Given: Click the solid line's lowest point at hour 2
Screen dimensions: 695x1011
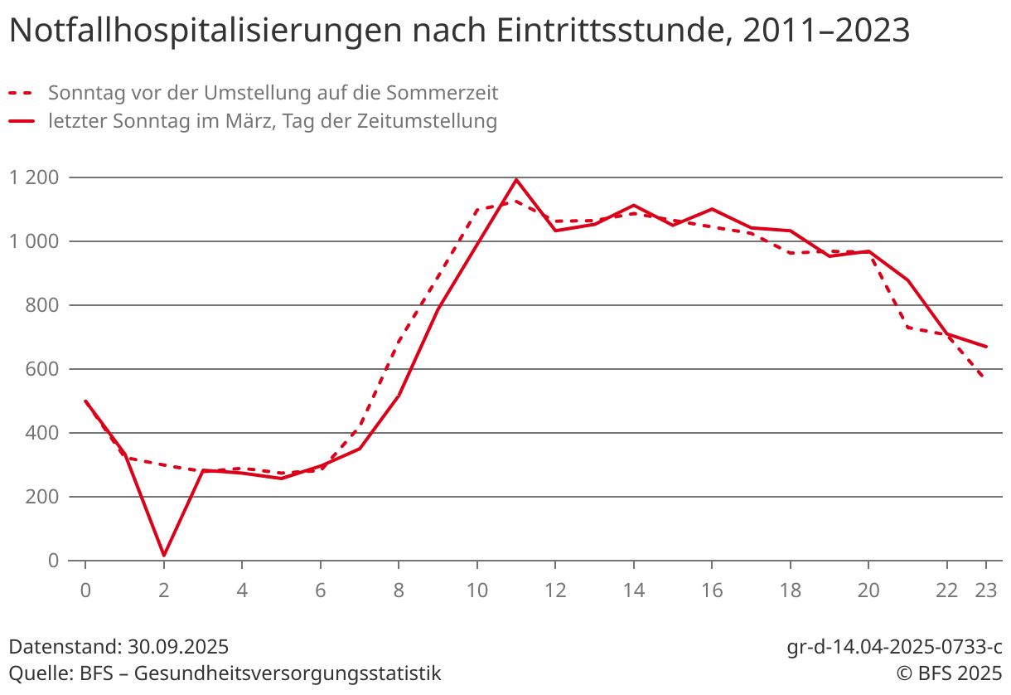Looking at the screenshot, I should (x=164, y=555).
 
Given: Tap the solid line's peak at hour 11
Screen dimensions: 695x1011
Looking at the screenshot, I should (x=516, y=179).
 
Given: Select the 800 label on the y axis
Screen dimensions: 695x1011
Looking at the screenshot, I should (x=43, y=305).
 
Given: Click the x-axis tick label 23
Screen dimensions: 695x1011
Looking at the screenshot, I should (x=986, y=591).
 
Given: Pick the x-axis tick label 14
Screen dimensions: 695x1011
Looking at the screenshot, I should (x=633, y=591).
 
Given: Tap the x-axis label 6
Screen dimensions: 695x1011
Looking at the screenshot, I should (x=321, y=591).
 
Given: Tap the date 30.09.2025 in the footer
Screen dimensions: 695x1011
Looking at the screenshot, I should (x=178, y=647).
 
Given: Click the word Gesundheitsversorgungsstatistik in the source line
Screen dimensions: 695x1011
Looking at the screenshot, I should (x=288, y=673).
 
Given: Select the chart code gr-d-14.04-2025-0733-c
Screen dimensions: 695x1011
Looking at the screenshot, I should (x=894, y=647).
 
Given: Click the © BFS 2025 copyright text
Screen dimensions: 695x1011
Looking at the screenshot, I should (x=945, y=673).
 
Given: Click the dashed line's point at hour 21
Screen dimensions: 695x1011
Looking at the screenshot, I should (x=908, y=328).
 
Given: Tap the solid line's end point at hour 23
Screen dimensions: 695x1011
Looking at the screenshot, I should (x=986, y=347).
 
